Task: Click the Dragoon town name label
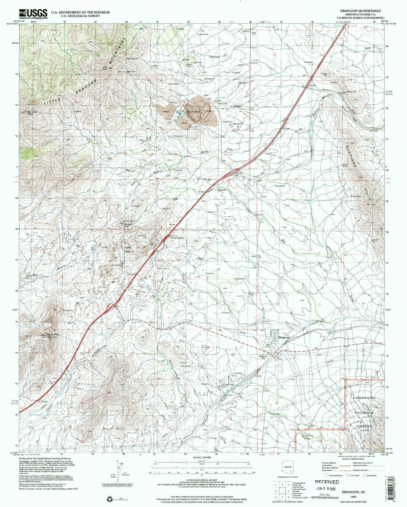[x=284, y=337]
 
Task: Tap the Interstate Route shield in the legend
[x=326, y=475]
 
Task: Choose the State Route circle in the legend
[x=364, y=475]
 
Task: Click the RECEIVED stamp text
[x=327, y=482]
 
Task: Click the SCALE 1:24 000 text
[x=202, y=457]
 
